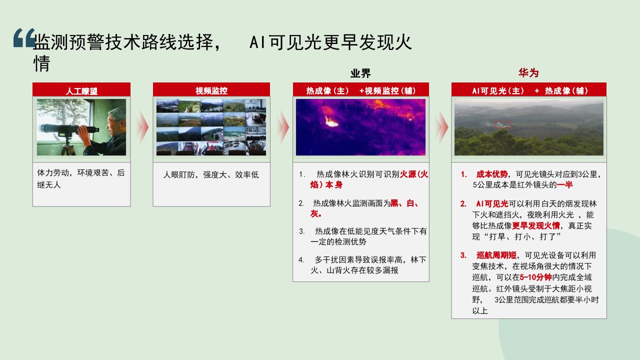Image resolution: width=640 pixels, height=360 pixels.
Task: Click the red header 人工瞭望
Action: pos(81,91)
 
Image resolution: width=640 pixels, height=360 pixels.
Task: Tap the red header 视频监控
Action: pos(211,91)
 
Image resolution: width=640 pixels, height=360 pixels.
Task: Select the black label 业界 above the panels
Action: pos(360,73)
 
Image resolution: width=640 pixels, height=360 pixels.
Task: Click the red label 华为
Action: pos(528,73)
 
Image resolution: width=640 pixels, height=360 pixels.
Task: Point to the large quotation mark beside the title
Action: pos(24,37)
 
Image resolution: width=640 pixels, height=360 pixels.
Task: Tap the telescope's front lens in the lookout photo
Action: pos(41,128)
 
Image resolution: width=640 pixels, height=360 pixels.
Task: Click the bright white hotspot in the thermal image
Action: pos(331,122)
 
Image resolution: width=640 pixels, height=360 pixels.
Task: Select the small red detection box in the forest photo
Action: pos(503,125)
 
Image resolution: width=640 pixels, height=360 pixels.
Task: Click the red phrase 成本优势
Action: pos(492,174)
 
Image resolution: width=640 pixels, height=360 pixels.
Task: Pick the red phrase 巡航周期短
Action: pos(496,255)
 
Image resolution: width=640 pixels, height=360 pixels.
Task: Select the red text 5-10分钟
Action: pos(535,277)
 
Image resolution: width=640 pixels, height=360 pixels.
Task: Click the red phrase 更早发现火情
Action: pos(535,225)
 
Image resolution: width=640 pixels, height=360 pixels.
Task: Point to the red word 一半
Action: pos(565,185)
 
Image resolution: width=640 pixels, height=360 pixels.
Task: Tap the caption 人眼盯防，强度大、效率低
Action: pos(211,174)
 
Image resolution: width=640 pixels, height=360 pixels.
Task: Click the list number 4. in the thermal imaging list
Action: pos(301,259)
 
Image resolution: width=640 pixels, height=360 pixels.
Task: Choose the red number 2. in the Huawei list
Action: pos(463,203)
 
